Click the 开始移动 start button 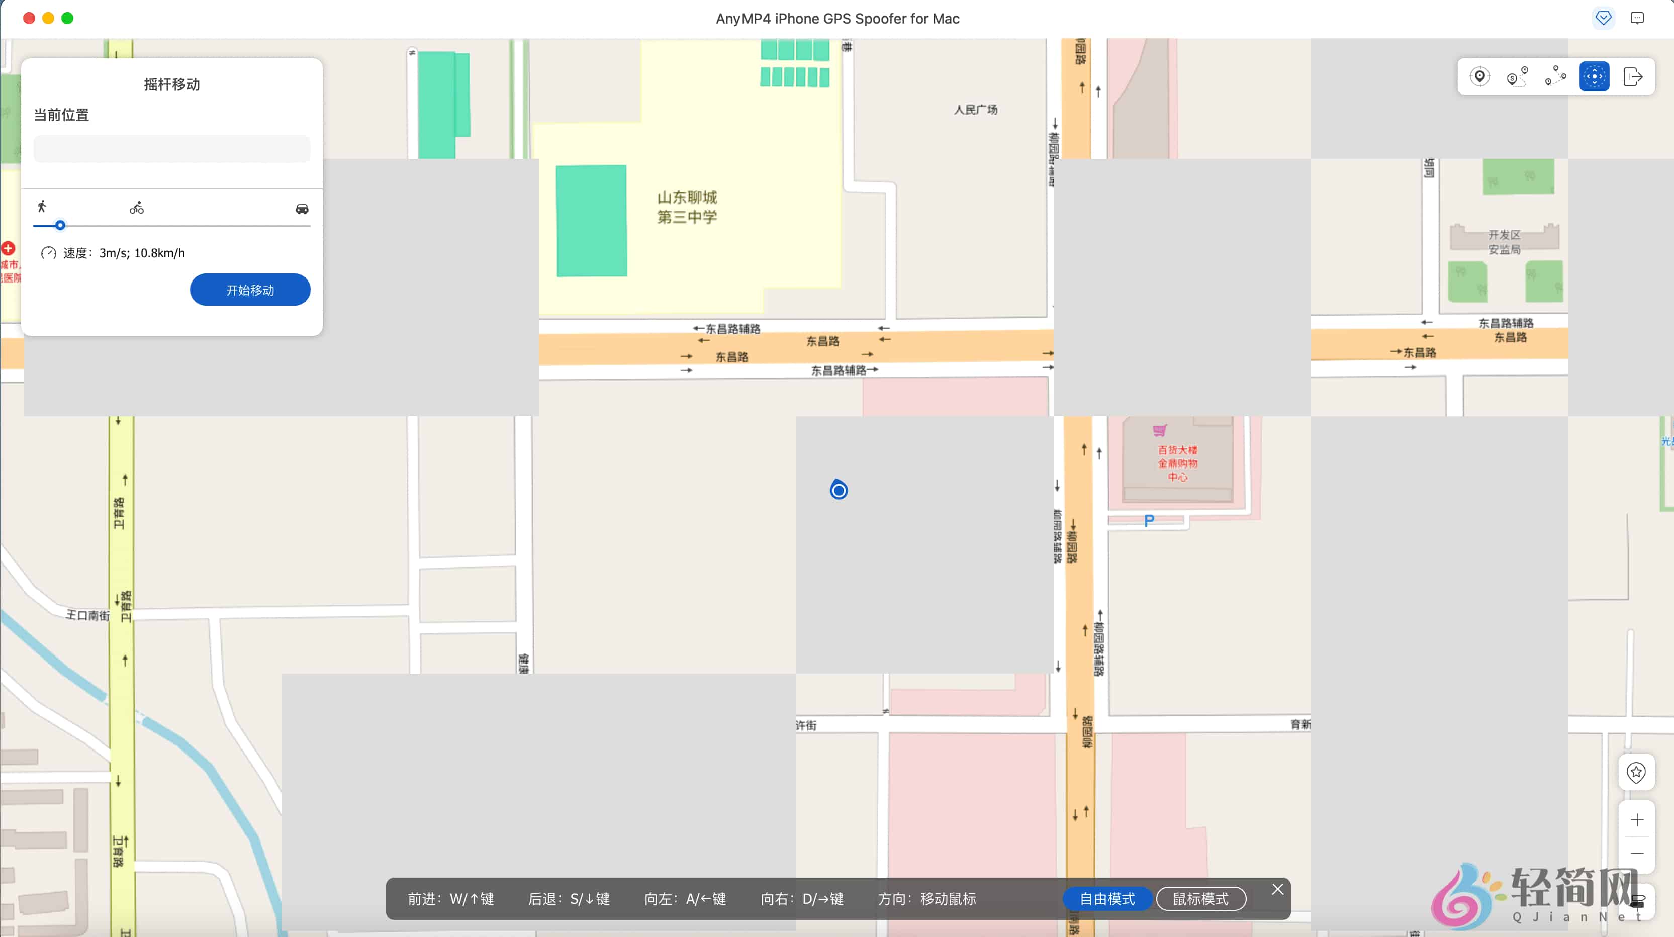(249, 290)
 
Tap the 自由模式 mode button (1106, 899)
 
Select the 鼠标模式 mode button (1200, 899)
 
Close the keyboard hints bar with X (1277, 889)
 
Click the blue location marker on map (839, 489)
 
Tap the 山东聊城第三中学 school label (687, 207)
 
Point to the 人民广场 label (975, 110)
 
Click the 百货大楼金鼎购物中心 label (1177, 462)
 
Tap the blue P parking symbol (1149, 520)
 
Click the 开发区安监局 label (1504, 242)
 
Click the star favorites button (1636, 772)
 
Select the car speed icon (302, 209)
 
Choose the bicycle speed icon (136, 208)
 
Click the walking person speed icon (42, 207)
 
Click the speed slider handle (60, 226)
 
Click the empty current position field (171, 149)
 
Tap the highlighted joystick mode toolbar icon (1594, 77)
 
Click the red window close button (29, 18)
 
